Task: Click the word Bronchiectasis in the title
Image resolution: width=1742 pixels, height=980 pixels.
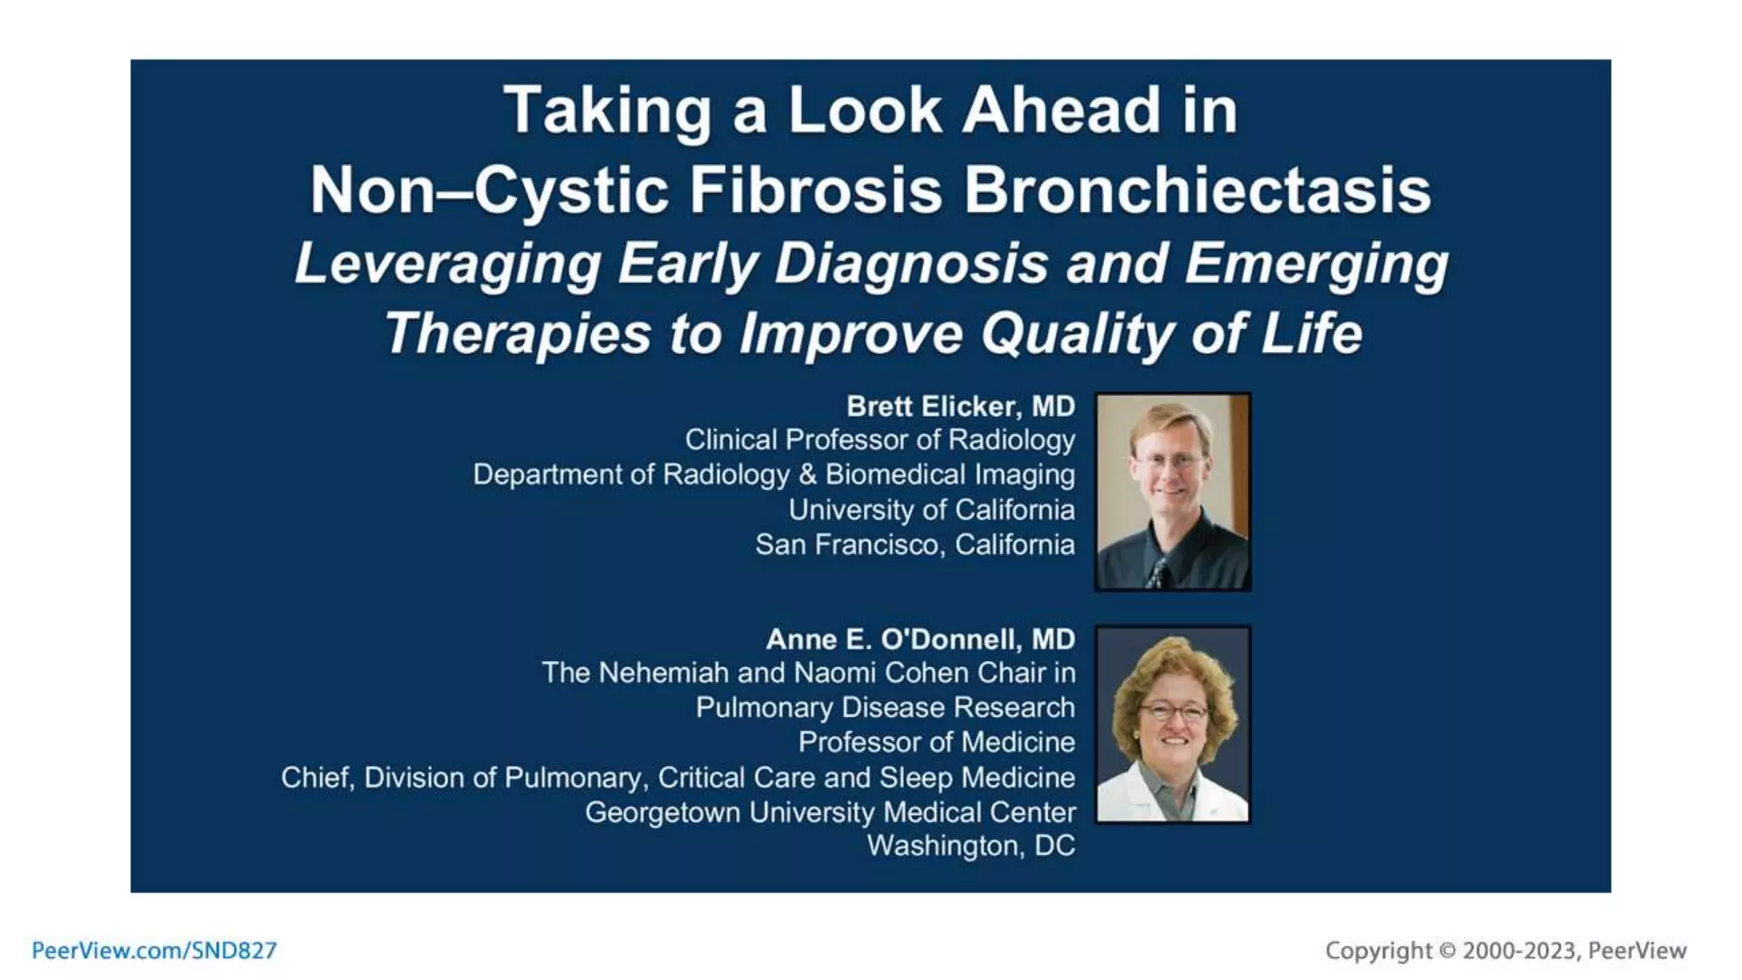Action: (x=1197, y=190)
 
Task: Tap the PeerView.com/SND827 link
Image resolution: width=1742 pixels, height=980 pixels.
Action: (x=154, y=950)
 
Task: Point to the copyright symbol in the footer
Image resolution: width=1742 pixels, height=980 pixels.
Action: (x=1447, y=950)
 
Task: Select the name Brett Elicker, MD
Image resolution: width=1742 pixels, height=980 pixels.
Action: (x=960, y=407)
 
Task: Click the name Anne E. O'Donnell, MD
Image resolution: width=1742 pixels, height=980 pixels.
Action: (x=920, y=639)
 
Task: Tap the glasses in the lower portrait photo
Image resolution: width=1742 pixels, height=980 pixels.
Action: (x=1174, y=711)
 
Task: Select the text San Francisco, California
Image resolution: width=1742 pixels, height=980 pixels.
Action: (x=914, y=544)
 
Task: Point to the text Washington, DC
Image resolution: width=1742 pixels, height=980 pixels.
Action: (x=971, y=846)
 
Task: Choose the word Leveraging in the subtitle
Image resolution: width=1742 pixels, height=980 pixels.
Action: (x=447, y=264)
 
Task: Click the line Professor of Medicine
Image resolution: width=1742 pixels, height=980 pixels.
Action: (x=936, y=742)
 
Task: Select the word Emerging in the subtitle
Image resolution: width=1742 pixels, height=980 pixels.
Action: (x=1316, y=264)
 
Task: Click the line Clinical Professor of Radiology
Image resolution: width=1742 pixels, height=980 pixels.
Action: (x=880, y=440)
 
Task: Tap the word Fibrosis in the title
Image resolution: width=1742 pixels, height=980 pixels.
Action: (x=815, y=190)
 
